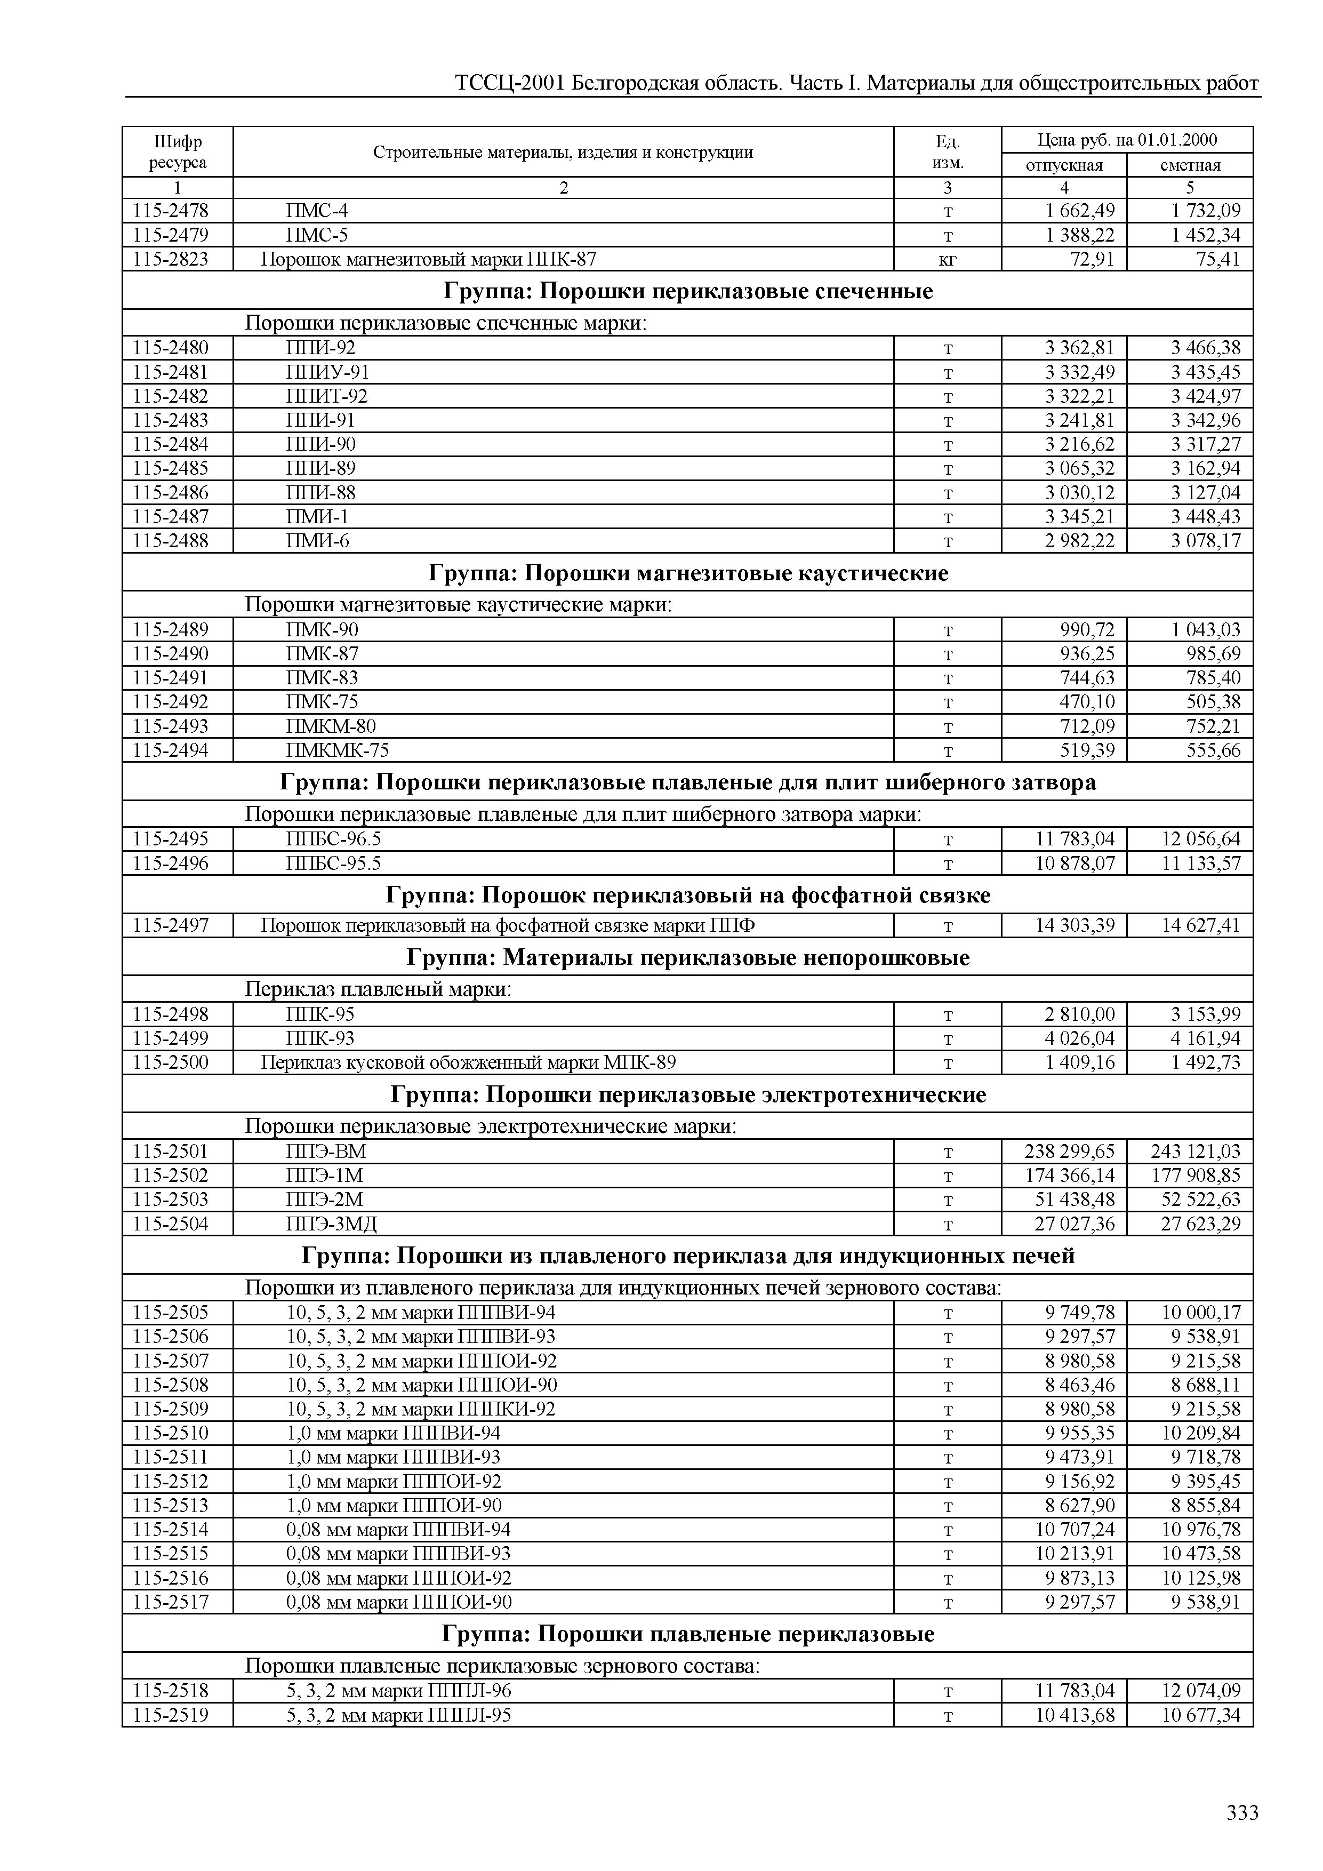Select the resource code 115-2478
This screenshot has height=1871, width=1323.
tap(170, 211)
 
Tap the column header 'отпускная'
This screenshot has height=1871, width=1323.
tap(1063, 165)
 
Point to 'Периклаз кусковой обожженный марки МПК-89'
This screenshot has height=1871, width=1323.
tap(468, 1062)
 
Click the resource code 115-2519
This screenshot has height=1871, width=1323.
tap(170, 1715)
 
